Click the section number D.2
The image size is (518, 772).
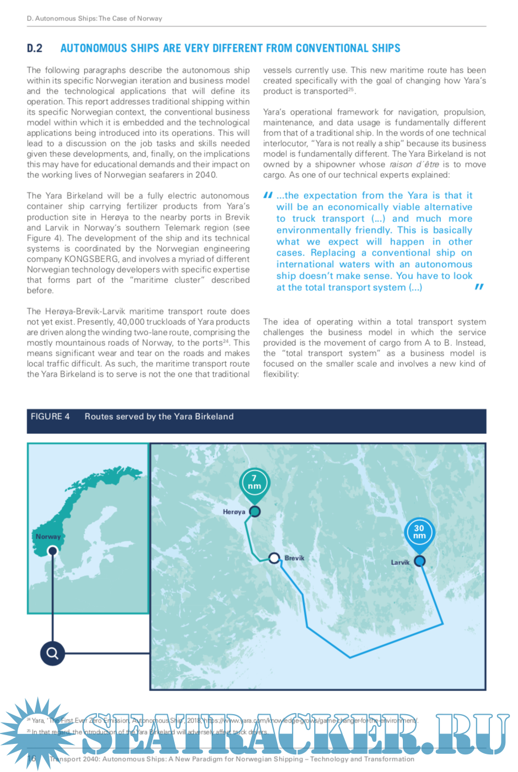click(x=35, y=48)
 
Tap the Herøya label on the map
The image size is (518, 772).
click(x=234, y=512)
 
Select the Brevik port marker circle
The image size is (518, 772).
click(x=274, y=558)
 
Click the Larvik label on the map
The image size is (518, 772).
click(x=400, y=563)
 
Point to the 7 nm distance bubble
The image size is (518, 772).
click(x=254, y=482)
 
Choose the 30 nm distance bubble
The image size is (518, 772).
click(x=419, y=532)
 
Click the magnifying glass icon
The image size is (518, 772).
click(x=52, y=654)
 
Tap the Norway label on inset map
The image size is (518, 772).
click(x=48, y=537)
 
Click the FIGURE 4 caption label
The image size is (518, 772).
click(x=50, y=417)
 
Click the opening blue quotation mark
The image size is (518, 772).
click(x=268, y=195)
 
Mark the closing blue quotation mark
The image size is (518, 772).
click(x=479, y=287)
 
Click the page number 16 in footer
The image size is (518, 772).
click(x=32, y=759)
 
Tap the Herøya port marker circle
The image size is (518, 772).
click(x=255, y=512)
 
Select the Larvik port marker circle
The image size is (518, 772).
click(x=419, y=561)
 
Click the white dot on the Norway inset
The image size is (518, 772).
click(x=52, y=550)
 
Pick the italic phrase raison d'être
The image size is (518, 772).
click(x=414, y=165)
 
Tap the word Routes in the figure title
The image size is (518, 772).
click(x=97, y=417)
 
